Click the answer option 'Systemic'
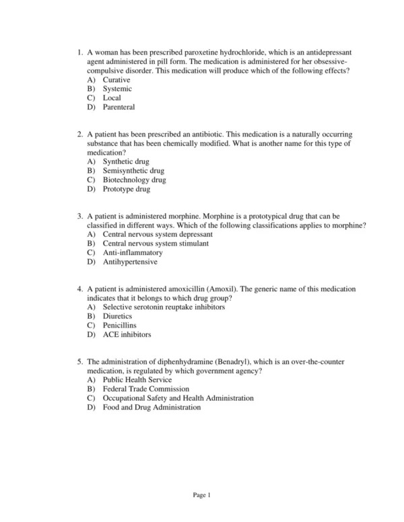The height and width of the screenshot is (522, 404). point(117,89)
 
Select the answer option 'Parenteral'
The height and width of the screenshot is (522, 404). point(119,107)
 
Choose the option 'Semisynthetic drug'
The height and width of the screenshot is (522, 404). point(133,171)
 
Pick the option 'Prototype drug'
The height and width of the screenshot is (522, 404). point(127,189)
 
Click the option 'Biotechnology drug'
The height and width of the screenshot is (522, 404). point(134,180)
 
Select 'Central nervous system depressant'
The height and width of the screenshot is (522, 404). point(158,235)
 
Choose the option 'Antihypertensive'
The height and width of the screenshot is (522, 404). point(130,262)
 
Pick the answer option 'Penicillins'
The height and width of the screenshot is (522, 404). point(120,326)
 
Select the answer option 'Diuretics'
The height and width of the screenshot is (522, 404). point(118,316)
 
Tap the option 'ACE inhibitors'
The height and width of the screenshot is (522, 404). point(127,334)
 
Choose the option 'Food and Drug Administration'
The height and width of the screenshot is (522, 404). point(151,407)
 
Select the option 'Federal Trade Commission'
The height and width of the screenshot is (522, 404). point(146,389)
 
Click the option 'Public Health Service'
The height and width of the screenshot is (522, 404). point(138,380)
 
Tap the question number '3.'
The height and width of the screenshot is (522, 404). point(80,217)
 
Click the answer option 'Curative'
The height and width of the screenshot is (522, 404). point(116,79)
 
